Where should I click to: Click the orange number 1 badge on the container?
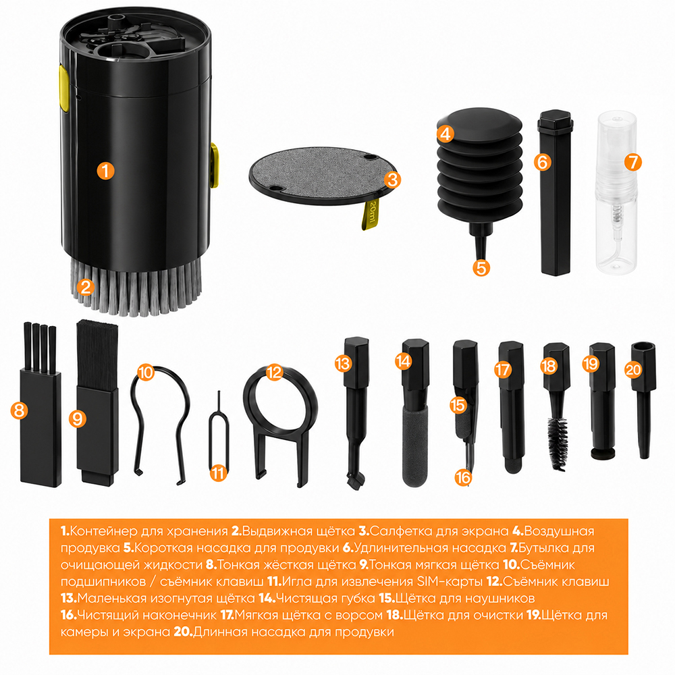tap(105, 171)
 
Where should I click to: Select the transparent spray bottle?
tap(616, 192)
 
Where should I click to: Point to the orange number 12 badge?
tap(274, 372)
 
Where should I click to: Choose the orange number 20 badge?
tap(633, 369)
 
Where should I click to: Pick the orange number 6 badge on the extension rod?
tap(543, 162)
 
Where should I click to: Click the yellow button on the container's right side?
tap(215, 166)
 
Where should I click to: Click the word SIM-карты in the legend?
tap(450, 582)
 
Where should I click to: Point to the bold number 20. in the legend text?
tap(184, 632)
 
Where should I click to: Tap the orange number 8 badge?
tap(19, 410)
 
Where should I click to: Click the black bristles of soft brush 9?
tap(97, 354)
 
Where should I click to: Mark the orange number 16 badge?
tap(463, 477)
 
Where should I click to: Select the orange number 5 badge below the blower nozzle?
tap(481, 267)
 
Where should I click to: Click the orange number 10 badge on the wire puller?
tap(146, 372)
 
